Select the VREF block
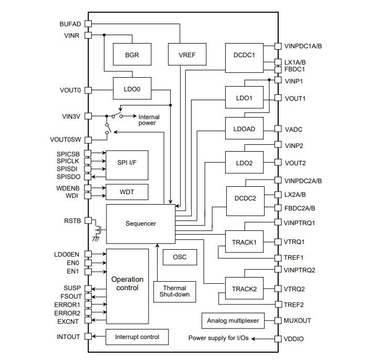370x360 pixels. click(x=182, y=54)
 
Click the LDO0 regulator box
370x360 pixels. click(x=132, y=89)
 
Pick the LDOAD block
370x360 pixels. click(x=244, y=129)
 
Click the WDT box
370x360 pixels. click(x=127, y=192)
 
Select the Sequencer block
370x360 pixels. click(x=140, y=224)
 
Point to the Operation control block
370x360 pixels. click(x=126, y=284)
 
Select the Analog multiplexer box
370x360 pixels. click(x=232, y=320)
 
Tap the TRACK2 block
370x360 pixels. click(x=244, y=289)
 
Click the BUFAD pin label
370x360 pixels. click(x=70, y=24)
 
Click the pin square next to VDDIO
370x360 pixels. click(x=278, y=338)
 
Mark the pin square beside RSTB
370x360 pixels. click(x=88, y=220)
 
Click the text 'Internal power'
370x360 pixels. click(x=149, y=120)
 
